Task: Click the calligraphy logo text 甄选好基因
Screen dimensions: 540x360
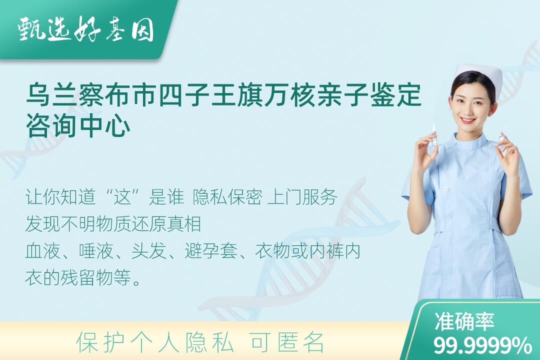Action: (x=86, y=29)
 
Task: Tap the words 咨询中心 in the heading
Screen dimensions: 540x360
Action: (x=78, y=125)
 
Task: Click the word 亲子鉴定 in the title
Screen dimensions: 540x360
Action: (x=369, y=94)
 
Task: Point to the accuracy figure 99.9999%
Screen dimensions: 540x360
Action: (x=482, y=345)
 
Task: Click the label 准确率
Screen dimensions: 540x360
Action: (x=464, y=322)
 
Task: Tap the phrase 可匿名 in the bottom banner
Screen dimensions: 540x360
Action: (x=287, y=342)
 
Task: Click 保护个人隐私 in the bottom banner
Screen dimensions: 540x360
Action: (x=155, y=342)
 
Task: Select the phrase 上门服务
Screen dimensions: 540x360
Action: (x=302, y=197)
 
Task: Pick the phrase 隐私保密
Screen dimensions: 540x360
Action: (x=227, y=197)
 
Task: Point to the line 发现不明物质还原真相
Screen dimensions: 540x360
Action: (x=113, y=224)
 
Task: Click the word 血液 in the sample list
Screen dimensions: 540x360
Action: (x=42, y=251)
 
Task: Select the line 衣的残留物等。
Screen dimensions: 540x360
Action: (x=83, y=277)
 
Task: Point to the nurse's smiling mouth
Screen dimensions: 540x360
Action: (x=468, y=120)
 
